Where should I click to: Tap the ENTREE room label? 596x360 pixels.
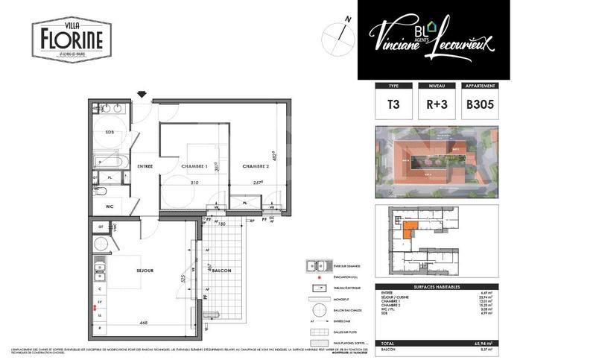(145, 166)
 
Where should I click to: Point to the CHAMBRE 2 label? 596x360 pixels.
(255, 166)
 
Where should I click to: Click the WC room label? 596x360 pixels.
(109, 206)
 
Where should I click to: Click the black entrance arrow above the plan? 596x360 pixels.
(142, 94)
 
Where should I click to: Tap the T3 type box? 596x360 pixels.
(393, 105)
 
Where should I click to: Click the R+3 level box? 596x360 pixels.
(437, 105)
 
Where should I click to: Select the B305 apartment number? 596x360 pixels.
(481, 105)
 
